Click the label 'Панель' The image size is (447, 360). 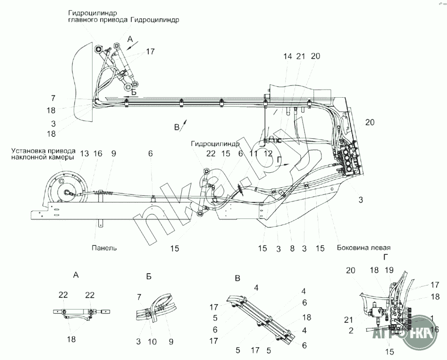(104, 247)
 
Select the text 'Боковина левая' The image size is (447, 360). (364, 247)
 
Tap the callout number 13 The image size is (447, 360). (84, 154)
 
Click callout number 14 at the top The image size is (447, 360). (287, 57)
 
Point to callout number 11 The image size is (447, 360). (253, 154)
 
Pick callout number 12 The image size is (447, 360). (268, 154)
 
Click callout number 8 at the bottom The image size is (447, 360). (292, 248)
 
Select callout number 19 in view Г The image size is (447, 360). (389, 269)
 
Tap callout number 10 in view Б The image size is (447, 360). (152, 342)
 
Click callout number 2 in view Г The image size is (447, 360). (351, 330)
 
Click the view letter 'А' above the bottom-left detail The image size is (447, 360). (76, 275)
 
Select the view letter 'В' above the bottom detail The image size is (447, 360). (237, 278)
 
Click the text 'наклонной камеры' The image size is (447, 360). (43, 157)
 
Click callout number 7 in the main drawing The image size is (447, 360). (53, 99)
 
